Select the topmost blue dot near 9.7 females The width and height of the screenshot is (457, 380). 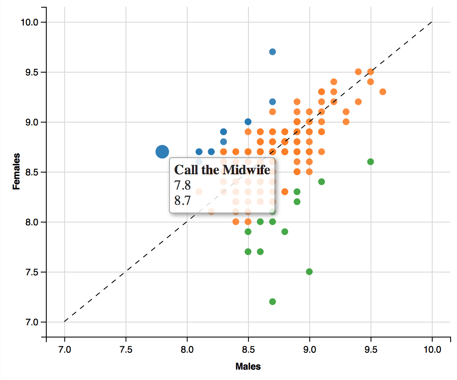(x=273, y=52)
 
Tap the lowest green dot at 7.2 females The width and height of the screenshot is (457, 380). (x=273, y=301)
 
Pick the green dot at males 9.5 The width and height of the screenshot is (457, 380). (x=370, y=162)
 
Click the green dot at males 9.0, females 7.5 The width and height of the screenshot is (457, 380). (x=309, y=272)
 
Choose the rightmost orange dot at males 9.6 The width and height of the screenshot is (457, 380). (x=383, y=92)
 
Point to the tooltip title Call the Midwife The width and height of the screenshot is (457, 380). (x=222, y=170)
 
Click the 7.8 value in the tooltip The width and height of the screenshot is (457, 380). (x=183, y=185)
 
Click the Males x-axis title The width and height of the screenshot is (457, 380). (x=248, y=366)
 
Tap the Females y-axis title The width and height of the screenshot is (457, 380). (x=17, y=171)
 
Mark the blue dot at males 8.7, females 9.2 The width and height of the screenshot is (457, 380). (x=273, y=102)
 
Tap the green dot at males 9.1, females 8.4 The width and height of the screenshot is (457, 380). (x=322, y=181)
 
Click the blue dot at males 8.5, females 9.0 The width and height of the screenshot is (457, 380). (x=248, y=122)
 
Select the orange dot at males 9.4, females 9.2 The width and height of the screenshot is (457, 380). (x=358, y=102)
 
